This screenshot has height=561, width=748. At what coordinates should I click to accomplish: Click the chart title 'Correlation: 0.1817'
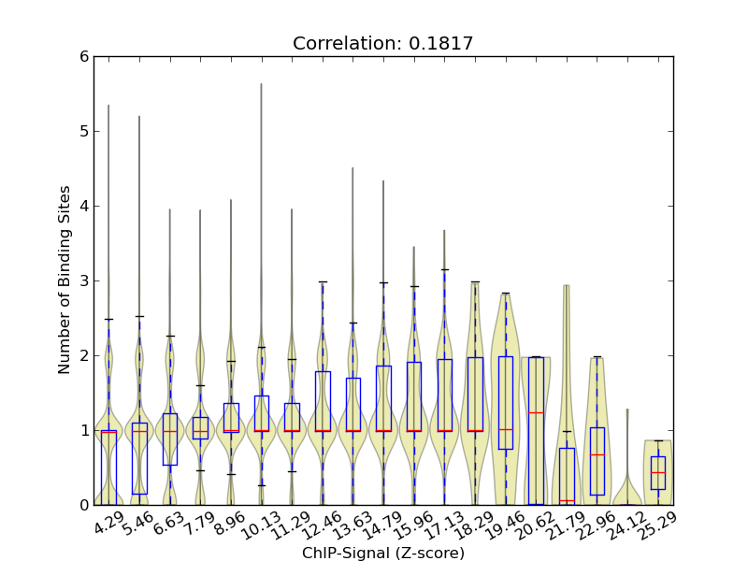tap(382, 43)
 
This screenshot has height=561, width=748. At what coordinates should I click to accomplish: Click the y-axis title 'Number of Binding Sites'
tap(65, 280)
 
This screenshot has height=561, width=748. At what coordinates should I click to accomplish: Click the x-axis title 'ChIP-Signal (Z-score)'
tap(383, 553)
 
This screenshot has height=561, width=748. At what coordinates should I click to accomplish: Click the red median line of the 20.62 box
tap(536, 412)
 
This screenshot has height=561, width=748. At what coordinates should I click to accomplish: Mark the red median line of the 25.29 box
tap(658, 472)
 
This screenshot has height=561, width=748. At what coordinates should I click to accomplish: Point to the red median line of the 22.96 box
tap(597, 454)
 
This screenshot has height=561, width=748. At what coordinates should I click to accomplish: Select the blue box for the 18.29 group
tap(475, 393)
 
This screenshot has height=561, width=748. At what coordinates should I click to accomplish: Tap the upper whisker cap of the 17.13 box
tap(444, 269)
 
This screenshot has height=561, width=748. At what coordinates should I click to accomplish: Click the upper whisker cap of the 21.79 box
tap(567, 431)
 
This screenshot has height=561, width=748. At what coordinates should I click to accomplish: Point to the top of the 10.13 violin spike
tap(261, 84)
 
